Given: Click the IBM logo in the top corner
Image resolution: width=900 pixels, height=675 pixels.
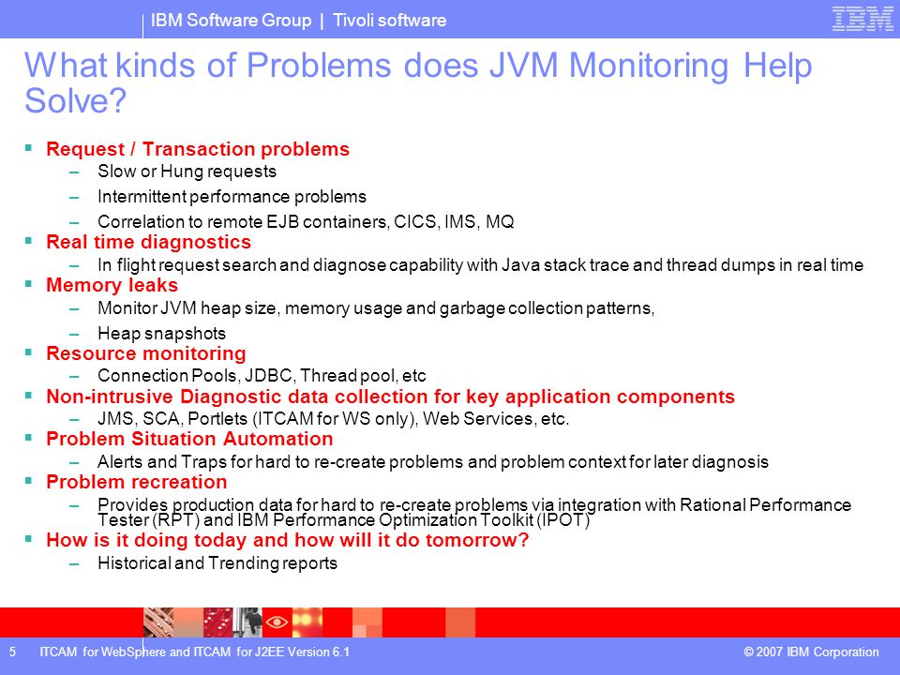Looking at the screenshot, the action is pos(862,19).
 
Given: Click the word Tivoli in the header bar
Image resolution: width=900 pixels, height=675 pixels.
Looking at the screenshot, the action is pos(352,20).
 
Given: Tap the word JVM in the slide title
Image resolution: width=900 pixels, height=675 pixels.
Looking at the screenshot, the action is pos(523,65).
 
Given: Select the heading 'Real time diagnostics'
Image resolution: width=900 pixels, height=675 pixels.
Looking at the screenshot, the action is pos(149,242).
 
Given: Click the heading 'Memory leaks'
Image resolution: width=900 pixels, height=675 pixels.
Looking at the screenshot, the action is pos(112,285).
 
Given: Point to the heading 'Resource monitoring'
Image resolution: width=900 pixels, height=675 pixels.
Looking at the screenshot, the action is pos(146,353).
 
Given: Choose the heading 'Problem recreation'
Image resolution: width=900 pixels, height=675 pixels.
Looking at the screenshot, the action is pos(137,482).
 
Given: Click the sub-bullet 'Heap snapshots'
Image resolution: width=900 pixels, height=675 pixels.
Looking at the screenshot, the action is pos(162,333).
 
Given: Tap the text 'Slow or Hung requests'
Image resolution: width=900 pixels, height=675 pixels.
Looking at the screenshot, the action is pos(187,171).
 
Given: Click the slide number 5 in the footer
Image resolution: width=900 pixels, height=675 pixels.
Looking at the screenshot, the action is pos(12,652).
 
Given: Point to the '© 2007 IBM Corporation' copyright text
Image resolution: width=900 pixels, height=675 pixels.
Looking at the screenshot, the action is pos(811,652).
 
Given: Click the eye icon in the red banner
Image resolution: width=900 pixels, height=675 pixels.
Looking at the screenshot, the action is pos(277,622).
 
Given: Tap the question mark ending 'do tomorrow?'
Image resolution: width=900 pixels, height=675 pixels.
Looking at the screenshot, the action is pos(523,540).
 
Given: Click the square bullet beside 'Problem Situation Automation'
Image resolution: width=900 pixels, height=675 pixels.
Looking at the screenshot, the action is pos(28,438).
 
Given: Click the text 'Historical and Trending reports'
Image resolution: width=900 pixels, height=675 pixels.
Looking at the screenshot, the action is pos(217,563).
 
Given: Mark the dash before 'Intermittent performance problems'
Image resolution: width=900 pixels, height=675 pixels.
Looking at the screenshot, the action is pos(74,198).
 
